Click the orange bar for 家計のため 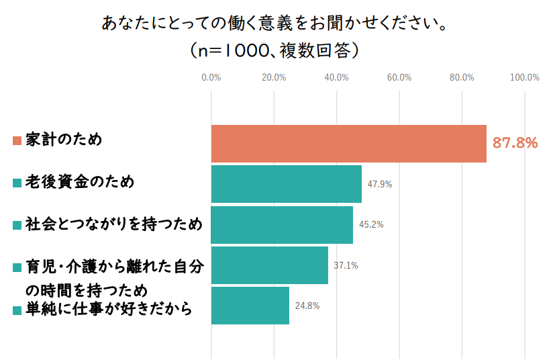(x=349, y=144)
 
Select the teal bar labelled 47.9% (x=287, y=184)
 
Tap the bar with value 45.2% (x=282, y=225)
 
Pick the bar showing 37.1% (x=269, y=265)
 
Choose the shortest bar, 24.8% (x=250, y=306)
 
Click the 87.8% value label (x=515, y=143)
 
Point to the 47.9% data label (x=380, y=184)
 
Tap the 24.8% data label (x=307, y=306)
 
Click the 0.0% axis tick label (x=211, y=78)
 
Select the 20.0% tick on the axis (x=274, y=78)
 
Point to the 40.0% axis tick (x=336, y=78)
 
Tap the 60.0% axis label (x=399, y=78)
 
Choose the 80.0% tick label (x=462, y=78)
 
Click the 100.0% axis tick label (x=525, y=78)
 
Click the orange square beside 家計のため (x=17, y=141)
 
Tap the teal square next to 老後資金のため (x=17, y=183)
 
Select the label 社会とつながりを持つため (x=114, y=224)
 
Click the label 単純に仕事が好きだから (x=109, y=309)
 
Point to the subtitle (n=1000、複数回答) (x=274, y=50)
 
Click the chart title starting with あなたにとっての (x=274, y=24)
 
